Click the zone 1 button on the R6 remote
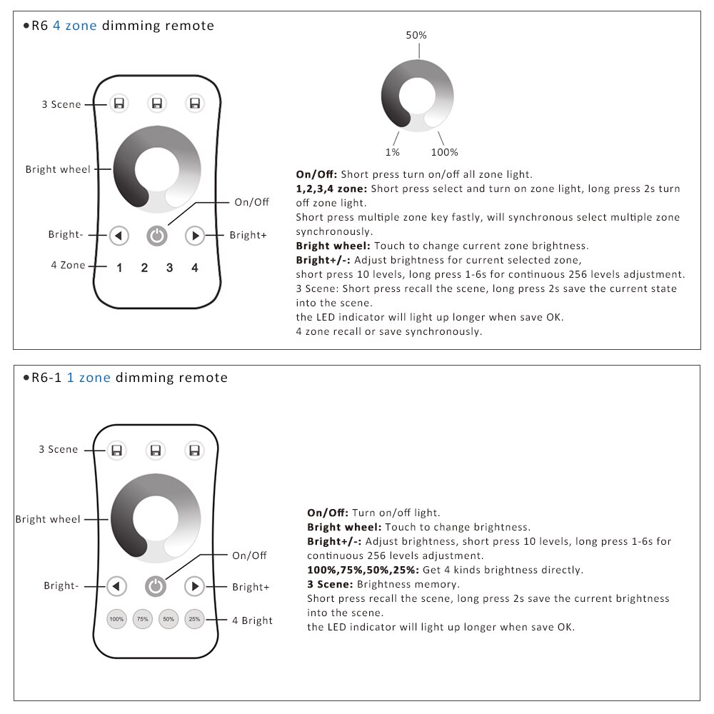click(119, 268)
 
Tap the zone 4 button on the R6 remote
click(195, 268)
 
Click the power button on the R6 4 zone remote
click(157, 235)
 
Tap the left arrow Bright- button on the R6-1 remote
click(116, 586)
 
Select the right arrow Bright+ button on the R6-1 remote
click(194, 586)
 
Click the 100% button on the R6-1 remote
click(116, 619)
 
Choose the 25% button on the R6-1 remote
click(194, 619)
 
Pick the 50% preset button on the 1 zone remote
click(169, 619)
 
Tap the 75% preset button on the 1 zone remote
click(143, 619)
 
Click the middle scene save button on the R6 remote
click(157, 104)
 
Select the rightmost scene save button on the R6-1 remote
click(193, 450)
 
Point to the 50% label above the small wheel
click(417, 35)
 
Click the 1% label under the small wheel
click(392, 152)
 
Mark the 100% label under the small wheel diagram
click(444, 152)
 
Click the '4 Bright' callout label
click(252, 620)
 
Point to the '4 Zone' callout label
click(68, 265)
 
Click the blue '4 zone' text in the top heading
click(75, 26)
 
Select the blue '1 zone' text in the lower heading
click(89, 378)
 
